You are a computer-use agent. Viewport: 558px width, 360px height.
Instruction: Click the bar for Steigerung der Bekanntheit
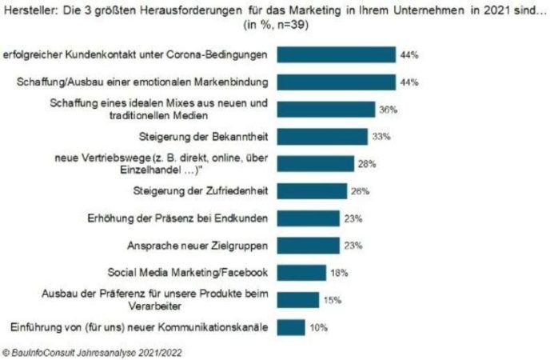coord(322,137)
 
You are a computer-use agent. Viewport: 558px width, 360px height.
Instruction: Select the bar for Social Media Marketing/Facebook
coord(301,273)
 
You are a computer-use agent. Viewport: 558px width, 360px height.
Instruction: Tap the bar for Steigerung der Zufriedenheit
coord(312,191)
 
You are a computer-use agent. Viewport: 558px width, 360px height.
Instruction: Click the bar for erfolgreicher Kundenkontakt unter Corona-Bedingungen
coord(336,55)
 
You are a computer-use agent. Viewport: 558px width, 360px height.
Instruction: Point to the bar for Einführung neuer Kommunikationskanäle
coord(291,327)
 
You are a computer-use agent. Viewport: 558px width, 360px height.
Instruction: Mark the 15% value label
coord(333,300)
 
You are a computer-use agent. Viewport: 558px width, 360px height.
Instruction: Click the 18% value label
coord(339,273)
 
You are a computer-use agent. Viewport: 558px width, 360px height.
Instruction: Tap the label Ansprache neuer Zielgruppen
coord(197,246)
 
